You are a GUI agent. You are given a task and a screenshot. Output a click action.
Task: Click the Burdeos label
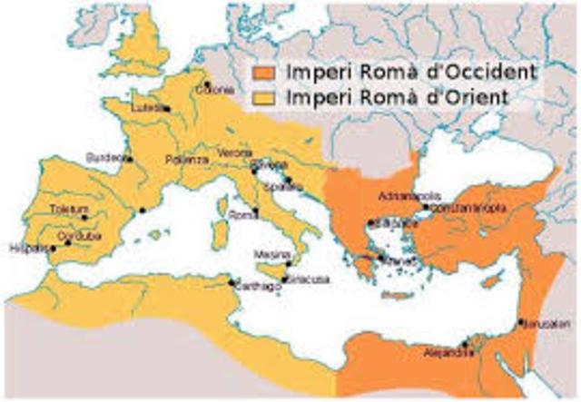pos(103,157)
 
